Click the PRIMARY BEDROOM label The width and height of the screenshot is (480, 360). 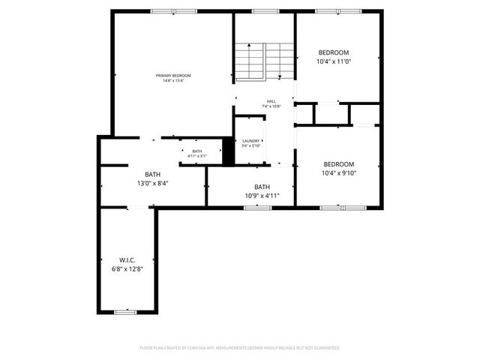point(173,75)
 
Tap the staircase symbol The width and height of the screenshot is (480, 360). point(263,60)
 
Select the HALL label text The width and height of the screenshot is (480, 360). point(271,101)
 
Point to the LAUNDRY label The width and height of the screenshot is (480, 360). point(250,140)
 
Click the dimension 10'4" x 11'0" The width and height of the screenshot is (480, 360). point(333,62)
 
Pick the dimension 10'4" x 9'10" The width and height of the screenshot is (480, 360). point(338,173)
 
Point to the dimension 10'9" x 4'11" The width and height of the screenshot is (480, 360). point(262,196)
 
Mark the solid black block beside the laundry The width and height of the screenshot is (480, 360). point(228,151)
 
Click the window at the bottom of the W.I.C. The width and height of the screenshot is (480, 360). point(125,311)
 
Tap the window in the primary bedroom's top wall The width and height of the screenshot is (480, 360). point(173,11)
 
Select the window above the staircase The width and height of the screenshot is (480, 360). point(263,11)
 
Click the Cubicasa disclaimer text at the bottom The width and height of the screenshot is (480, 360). point(240,348)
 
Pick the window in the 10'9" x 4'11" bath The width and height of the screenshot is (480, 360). point(257,207)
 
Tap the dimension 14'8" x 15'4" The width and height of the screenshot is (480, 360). point(173,81)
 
